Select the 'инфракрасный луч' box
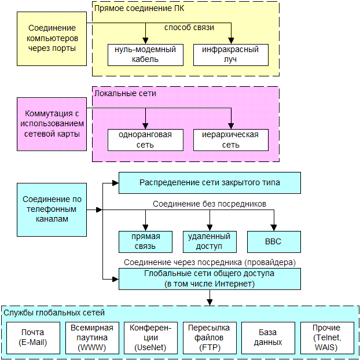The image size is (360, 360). point(230,54)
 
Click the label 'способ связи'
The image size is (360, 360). point(189,28)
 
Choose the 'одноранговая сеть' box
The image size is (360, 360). point(145,139)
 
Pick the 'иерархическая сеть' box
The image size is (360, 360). point(230,139)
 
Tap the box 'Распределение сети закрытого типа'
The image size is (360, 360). point(210,182)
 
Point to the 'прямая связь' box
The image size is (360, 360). point(145,241)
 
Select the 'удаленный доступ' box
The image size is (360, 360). point(209,241)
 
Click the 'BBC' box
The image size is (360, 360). point(274,241)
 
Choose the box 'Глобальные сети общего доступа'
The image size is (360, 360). point(210,278)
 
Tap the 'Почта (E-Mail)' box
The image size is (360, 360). point(33,337)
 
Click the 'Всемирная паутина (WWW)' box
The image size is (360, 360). point(91,337)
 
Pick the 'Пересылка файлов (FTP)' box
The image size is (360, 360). point(209,337)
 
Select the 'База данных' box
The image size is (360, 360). point(268,337)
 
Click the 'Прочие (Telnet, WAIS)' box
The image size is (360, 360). point(326,337)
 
